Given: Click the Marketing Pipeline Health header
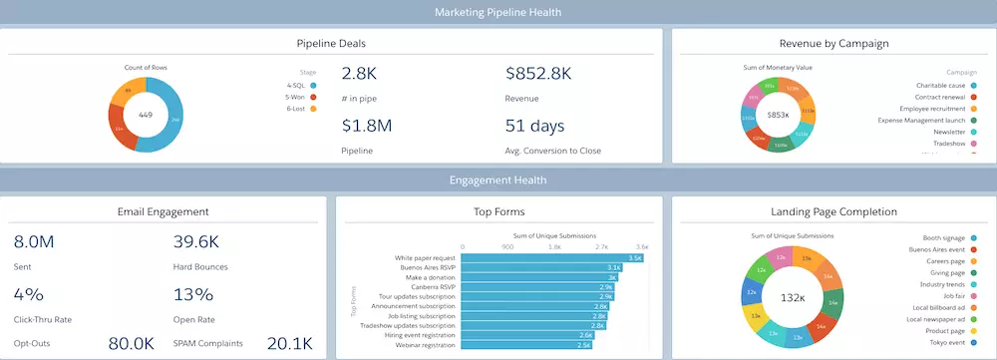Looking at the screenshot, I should coord(498,12).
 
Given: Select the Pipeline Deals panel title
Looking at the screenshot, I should coord(331,44).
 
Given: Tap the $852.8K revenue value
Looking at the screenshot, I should coord(538,74).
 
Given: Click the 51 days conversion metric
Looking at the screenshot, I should coord(535,126).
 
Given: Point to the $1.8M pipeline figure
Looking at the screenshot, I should coord(366,126).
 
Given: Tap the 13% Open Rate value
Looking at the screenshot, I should coord(193,294).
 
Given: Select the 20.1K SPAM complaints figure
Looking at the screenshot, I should coord(290,343).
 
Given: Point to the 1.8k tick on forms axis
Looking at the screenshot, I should coord(553,245).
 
